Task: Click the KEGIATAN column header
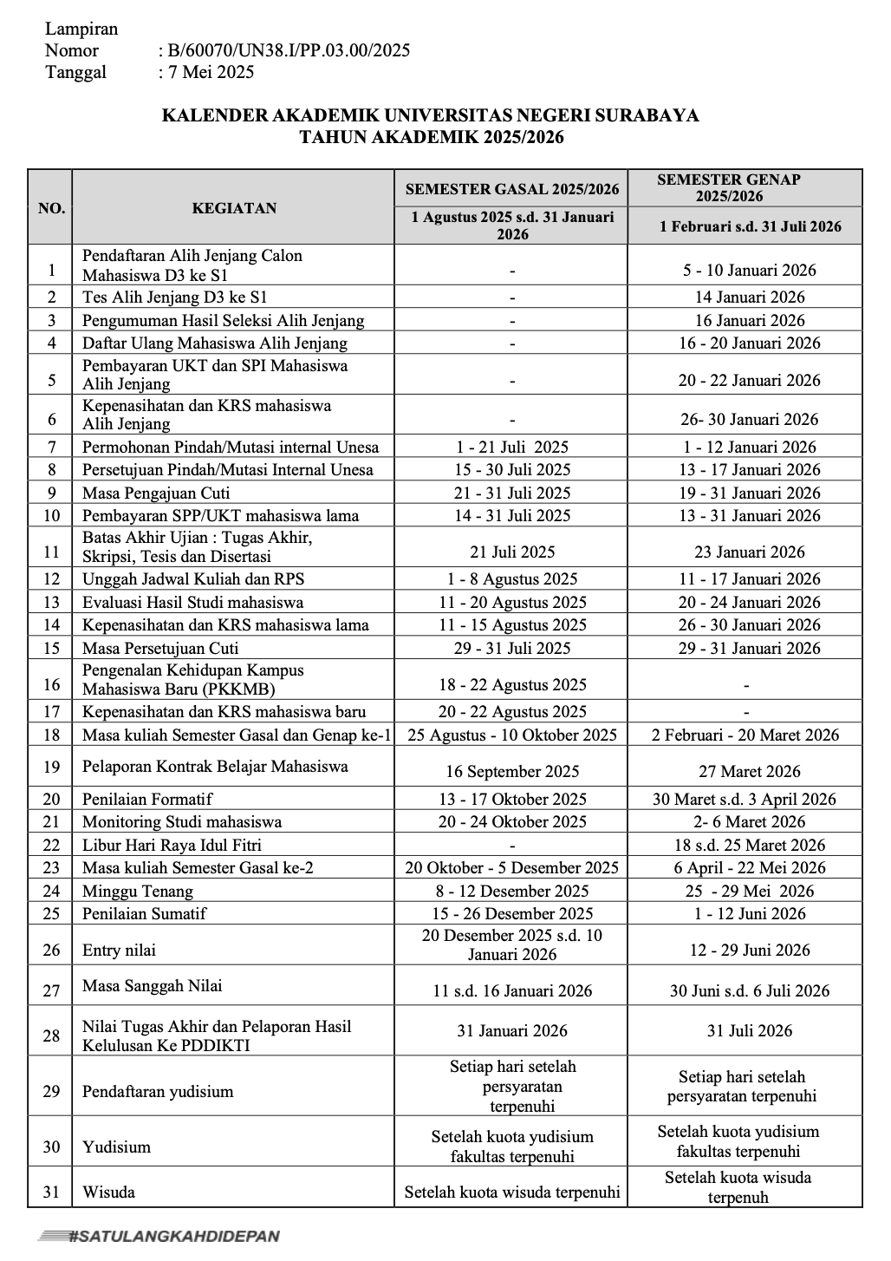(x=234, y=208)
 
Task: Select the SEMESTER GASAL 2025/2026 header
(x=512, y=189)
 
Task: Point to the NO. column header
(x=51, y=208)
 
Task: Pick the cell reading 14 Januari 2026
(x=750, y=297)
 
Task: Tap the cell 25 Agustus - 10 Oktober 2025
(x=512, y=735)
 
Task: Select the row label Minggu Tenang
(x=138, y=891)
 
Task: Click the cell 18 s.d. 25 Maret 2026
(x=750, y=845)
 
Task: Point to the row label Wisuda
(x=109, y=1192)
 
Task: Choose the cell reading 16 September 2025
(x=512, y=771)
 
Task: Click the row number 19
(x=52, y=768)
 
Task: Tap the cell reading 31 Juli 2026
(x=750, y=1030)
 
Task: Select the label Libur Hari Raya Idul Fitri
(x=172, y=845)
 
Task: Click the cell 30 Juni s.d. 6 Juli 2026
(x=750, y=990)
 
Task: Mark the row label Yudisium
(x=116, y=1147)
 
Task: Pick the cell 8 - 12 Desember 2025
(x=512, y=891)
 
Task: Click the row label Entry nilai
(x=119, y=950)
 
